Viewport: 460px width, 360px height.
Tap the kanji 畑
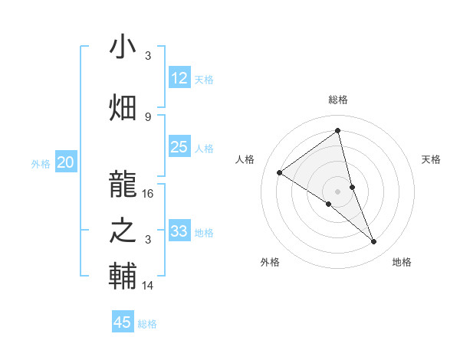tap(123, 107)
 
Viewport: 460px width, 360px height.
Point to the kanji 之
tap(123, 230)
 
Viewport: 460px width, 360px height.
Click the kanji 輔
tap(123, 276)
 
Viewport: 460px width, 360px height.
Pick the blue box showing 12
tap(179, 78)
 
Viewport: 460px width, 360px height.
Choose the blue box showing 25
tap(179, 147)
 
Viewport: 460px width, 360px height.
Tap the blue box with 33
tap(179, 231)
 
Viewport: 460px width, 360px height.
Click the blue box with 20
tap(66, 162)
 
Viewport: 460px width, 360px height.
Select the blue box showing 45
tap(123, 322)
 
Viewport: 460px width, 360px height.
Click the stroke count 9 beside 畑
tap(148, 116)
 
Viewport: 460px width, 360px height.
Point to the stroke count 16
tap(148, 193)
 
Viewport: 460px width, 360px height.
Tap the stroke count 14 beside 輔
tap(148, 285)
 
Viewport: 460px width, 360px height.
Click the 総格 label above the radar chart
tap(337, 100)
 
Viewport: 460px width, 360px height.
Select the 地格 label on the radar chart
tap(402, 262)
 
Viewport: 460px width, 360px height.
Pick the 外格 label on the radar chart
tap(270, 262)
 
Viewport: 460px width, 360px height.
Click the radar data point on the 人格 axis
tap(280, 172)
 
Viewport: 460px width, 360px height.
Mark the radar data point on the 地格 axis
tap(374, 242)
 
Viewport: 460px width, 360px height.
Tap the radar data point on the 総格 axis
tap(337, 130)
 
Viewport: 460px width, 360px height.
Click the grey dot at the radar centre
tap(337, 190)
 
